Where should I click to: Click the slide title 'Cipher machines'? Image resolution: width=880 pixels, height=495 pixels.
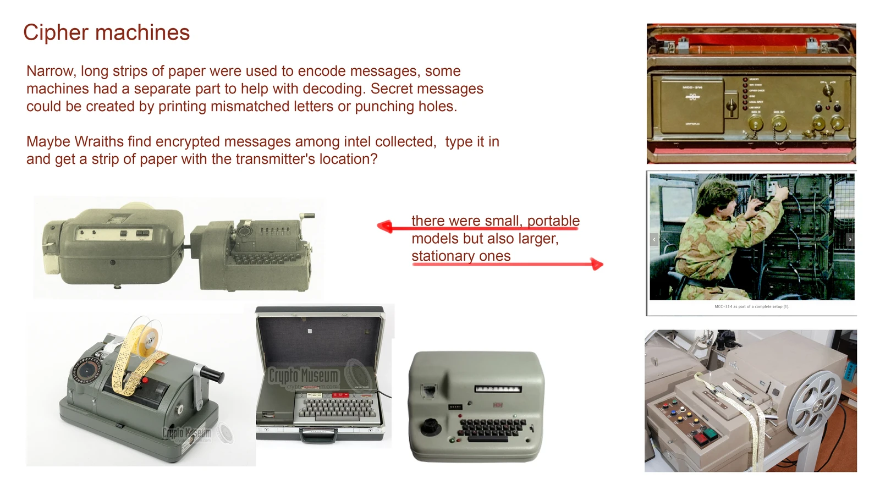106,32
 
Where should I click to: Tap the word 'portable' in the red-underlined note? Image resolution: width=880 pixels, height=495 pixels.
553,221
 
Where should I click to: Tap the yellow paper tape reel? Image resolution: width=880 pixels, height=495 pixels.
144,337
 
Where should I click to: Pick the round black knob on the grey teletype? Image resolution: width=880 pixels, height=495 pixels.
430,426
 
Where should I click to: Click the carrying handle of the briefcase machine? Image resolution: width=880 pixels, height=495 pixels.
319,436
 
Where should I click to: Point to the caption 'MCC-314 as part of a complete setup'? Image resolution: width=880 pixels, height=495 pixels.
751,306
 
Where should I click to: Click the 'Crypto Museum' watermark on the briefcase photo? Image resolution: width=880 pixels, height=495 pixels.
303,376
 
